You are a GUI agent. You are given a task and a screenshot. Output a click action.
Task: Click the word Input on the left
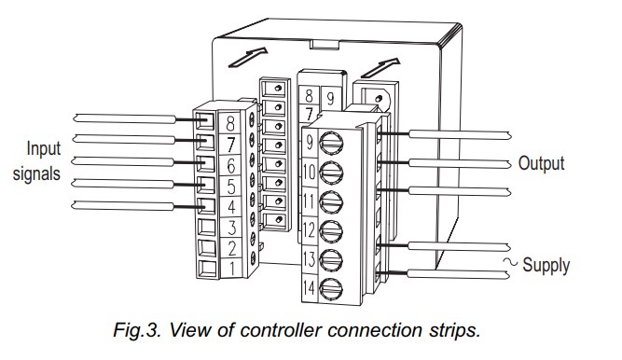point(44,150)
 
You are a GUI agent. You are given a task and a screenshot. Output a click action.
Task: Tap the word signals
point(36,174)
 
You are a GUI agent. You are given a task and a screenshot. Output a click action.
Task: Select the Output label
point(541,163)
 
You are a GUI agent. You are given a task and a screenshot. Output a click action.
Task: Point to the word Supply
point(546,266)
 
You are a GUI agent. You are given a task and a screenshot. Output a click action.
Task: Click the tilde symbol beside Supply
point(510,262)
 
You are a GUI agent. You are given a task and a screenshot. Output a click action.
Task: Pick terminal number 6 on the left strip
point(231,165)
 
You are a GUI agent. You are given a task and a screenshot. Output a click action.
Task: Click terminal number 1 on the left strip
point(232,269)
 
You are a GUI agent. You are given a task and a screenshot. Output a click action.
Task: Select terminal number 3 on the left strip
point(232,228)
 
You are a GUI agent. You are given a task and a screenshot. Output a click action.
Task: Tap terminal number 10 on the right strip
point(310,173)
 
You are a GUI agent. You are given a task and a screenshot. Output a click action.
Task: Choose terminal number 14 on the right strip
point(309,288)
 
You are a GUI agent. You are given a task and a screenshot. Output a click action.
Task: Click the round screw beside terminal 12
point(331,231)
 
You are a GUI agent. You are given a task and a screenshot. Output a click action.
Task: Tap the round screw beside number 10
point(331,173)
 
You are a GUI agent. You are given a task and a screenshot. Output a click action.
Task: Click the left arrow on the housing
point(248,57)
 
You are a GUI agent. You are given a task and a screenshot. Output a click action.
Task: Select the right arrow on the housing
point(380,67)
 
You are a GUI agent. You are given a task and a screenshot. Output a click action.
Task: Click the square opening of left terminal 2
point(207,248)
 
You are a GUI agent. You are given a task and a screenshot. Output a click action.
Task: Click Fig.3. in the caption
point(137,330)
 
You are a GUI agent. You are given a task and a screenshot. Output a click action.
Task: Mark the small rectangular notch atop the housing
point(325,44)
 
